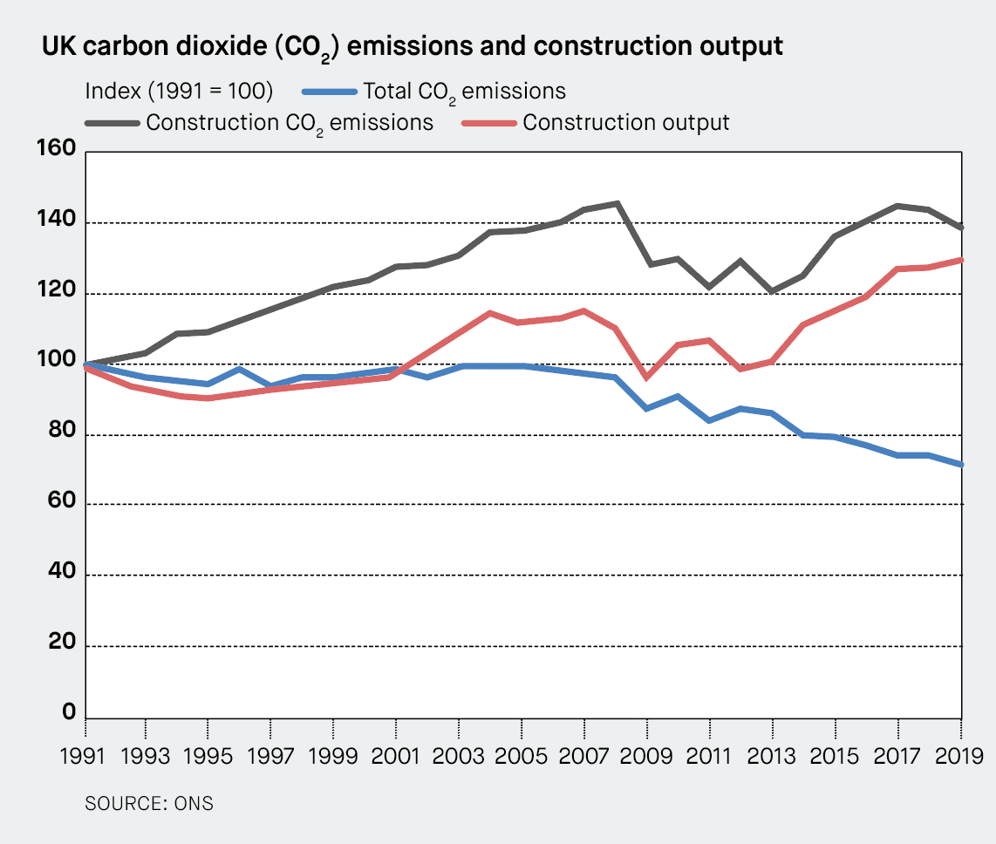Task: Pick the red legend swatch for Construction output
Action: coord(488,123)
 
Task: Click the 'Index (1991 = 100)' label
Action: coord(179,92)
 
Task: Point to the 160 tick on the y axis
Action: coord(56,152)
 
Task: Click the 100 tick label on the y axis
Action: coord(56,364)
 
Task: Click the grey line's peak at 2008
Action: coord(617,203)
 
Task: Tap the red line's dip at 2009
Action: coord(647,378)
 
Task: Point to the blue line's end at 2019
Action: coord(960,465)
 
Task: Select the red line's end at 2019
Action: coord(960,259)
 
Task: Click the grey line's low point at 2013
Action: coord(772,290)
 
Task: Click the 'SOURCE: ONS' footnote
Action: coord(148,803)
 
